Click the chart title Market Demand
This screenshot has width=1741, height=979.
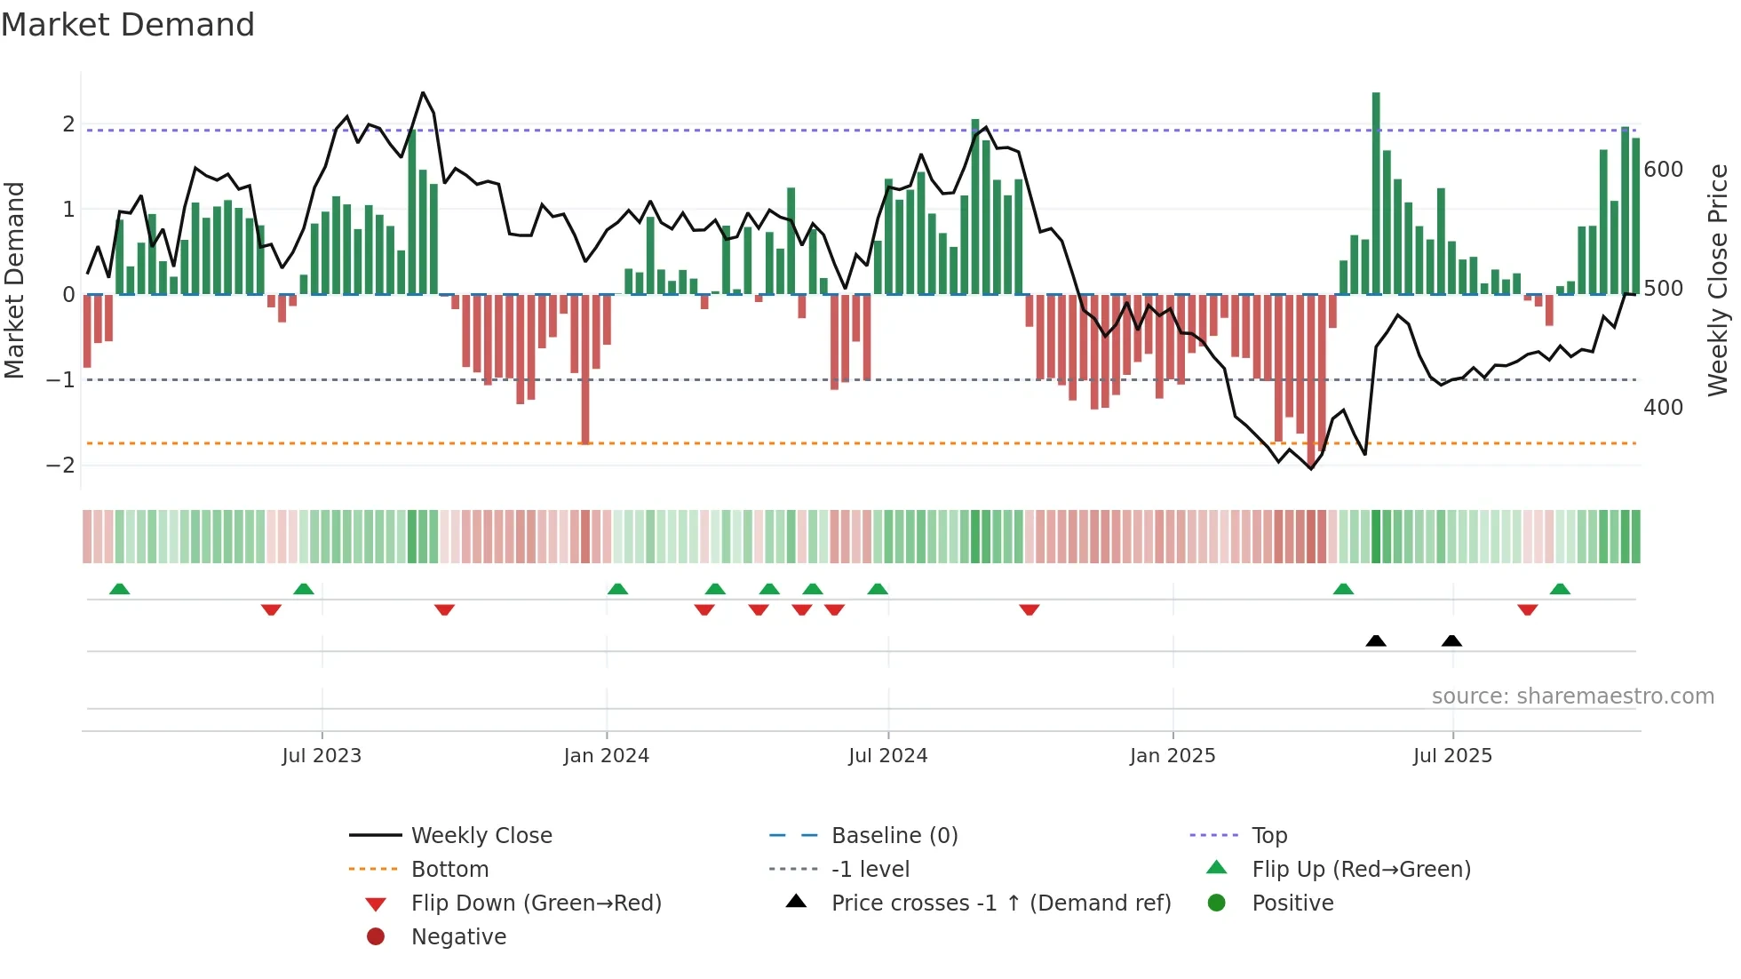128,25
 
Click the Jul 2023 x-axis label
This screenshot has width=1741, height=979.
322,756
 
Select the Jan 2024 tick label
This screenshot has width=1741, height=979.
606,756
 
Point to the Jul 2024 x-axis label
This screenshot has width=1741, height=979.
887,756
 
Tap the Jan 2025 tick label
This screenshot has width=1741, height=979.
1172,756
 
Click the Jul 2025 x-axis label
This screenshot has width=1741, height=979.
1452,756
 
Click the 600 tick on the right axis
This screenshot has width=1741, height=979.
1663,170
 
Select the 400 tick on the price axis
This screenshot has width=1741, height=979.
1663,408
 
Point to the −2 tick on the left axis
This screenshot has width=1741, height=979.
60,466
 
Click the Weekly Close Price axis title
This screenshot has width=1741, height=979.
1718,280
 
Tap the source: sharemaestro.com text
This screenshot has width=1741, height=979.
1572,696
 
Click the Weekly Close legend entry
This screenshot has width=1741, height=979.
481,836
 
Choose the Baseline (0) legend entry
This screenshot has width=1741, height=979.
894,836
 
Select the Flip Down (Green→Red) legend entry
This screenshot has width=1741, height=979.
536,903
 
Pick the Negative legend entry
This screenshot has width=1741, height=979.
458,937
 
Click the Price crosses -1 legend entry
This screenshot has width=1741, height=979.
1000,903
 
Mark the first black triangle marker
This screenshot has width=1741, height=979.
1376,641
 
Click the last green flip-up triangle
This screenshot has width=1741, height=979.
1560,589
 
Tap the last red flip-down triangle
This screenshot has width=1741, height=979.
1528,609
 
